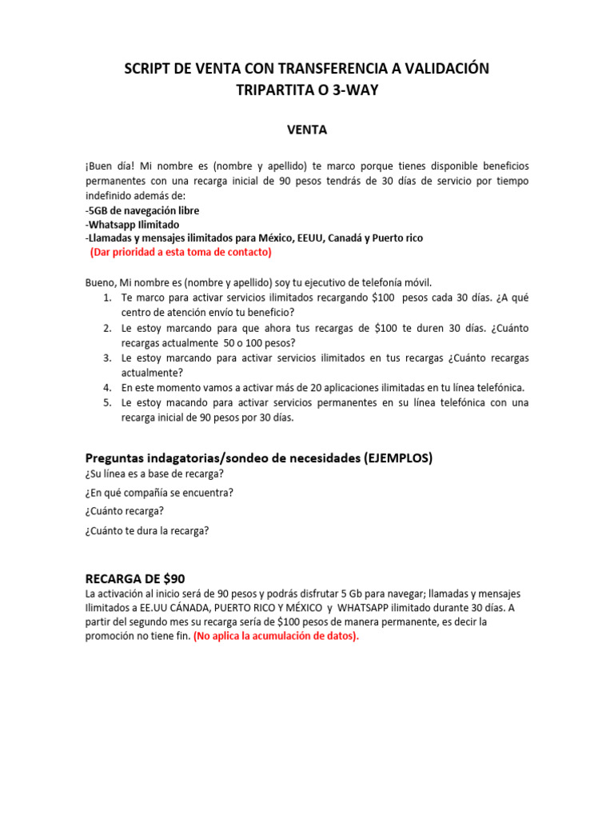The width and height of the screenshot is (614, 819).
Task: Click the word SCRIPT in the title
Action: click(x=151, y=70)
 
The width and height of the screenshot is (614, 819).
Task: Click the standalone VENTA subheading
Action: click(x=307, y=129)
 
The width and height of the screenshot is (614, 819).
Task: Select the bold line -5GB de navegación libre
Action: click(x=142, y=210)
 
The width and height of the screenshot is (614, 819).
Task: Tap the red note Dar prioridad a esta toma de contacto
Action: click(x=181, y=252)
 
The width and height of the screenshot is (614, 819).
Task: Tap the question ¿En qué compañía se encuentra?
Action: click(x=159, y=492)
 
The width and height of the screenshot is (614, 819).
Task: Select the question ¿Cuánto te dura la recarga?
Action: click(x=147, y=530)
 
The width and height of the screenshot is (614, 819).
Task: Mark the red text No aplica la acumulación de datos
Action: click(x=277, y=636)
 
